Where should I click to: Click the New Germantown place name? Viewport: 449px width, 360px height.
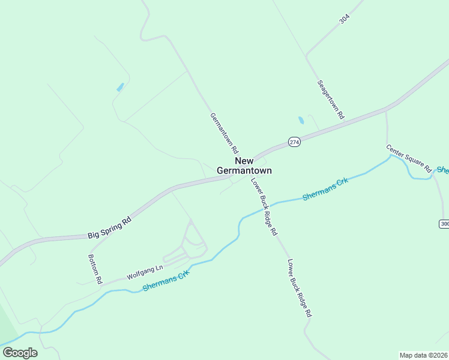(x=244, y=166)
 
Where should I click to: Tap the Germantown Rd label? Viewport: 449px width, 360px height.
(x=224, y=133)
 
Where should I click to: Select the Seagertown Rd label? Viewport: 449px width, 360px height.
(x=331, y=98)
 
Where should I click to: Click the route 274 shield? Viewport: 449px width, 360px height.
(x=294, y=142)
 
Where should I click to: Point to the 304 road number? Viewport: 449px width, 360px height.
(x=344, y=19)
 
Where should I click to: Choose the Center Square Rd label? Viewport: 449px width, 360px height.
(x=409, y=158)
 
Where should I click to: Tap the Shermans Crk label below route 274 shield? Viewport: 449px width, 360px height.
(x=325, y=189)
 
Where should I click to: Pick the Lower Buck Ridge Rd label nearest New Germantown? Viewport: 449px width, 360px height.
(x=264, y=206)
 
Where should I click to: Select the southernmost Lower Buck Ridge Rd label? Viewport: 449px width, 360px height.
(x=300, y=288)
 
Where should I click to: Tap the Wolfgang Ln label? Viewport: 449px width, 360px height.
(x=145, y=272)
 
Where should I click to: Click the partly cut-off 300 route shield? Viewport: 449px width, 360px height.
(x=444, y=224)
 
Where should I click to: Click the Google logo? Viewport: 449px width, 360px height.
(x=20, y=353)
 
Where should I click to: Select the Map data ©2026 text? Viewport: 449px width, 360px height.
(x=423, y=355)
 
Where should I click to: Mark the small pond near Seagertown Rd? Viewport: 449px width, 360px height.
(x=301, y=120)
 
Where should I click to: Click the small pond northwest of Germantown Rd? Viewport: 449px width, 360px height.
(x=120, y=87)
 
